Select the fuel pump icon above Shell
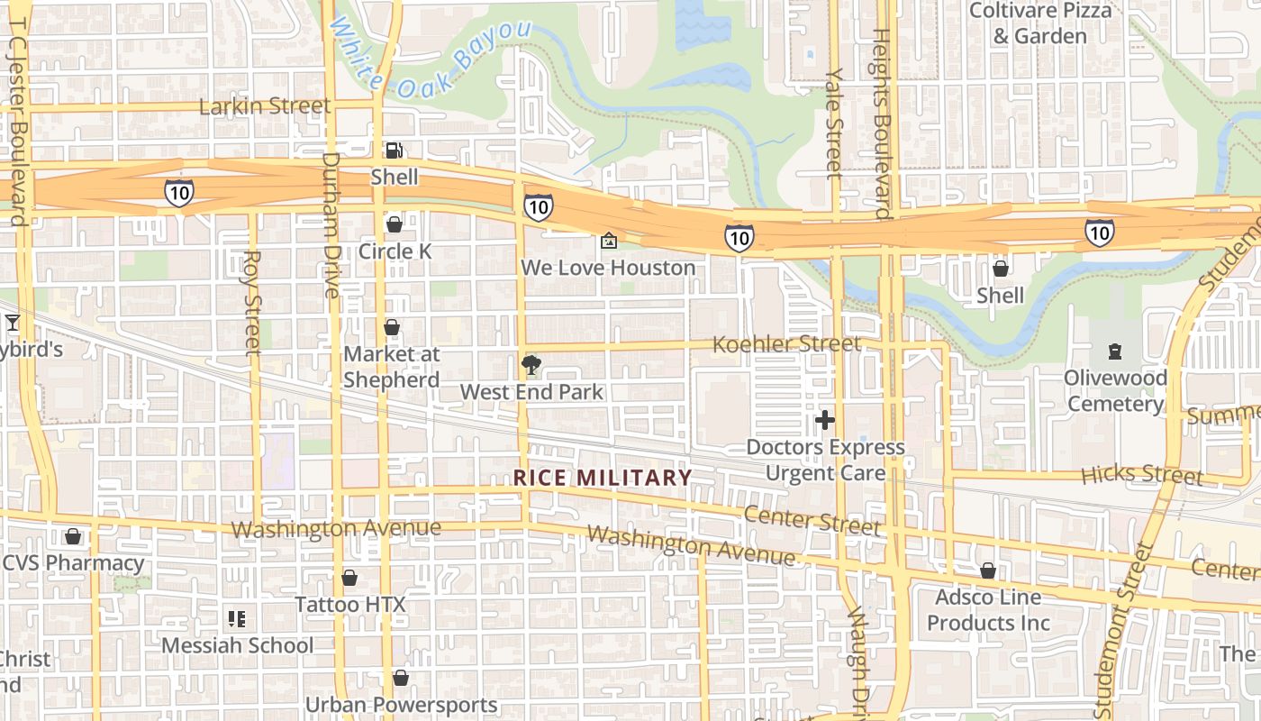(x=394, y=151)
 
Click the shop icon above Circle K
(x=394, y=224)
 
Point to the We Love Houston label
(x=608, y=268)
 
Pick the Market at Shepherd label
(x=392, y=367)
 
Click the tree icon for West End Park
(x=531, y=365)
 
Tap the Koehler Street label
(x=786, y=344)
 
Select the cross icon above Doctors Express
(x=824, y=420)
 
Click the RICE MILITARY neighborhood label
(x=603, y=478)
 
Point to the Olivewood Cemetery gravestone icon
(x=1114, y=351)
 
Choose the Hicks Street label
(x=1141, y=474)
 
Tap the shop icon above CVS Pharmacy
(x=73, y=537)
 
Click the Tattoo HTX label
(x=350, y=604)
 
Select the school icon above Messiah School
(x=237, y=619)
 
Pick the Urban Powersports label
(x=401, y=705)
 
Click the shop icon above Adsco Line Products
(x=988, y=570)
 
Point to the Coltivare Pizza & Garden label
(x=1040, y=23)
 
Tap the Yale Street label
(x=834, y=123)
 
